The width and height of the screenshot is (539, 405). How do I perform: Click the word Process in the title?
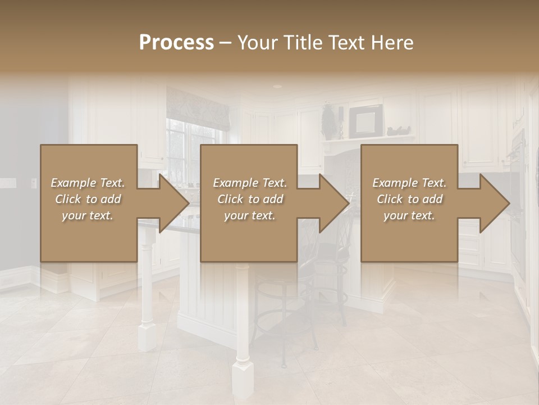176,43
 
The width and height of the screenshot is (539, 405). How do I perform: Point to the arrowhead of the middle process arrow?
334,203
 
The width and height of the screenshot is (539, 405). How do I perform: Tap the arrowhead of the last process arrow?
494,203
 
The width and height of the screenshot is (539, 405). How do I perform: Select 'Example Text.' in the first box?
88,183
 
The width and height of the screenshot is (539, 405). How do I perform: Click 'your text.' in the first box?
88,215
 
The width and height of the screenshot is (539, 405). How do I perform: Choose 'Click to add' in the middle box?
250,199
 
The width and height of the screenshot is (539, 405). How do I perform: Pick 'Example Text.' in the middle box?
250,183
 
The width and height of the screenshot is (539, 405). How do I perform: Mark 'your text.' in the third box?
409,215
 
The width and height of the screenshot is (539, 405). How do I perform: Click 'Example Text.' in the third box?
409,183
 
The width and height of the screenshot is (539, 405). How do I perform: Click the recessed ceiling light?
277,87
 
